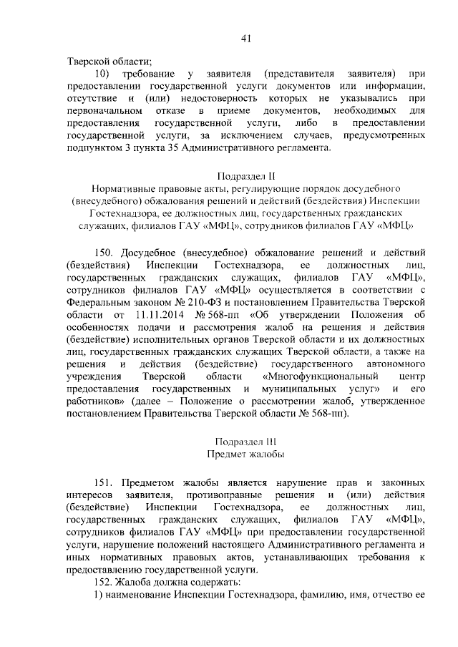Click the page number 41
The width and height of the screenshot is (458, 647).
pyautogui.click(x=245, y=37)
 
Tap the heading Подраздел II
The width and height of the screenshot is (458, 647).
pyautogui.click(x=245, y=175)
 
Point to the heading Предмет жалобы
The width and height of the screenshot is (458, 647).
pyautogui.click(x=245, y=454)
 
